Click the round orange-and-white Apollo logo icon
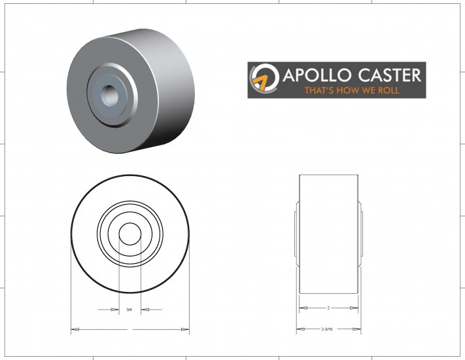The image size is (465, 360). coord(264,81)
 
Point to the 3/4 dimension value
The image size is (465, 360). coord(129,309)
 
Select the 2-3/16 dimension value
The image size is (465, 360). coord(327,329)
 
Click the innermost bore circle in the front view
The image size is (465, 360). coord(130,234)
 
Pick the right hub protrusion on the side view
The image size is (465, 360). coord(360,234)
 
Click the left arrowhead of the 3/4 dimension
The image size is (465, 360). coord(114,309)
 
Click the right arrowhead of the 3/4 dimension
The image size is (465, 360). coord(146,309)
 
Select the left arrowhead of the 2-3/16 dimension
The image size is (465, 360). coord(301,329)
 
